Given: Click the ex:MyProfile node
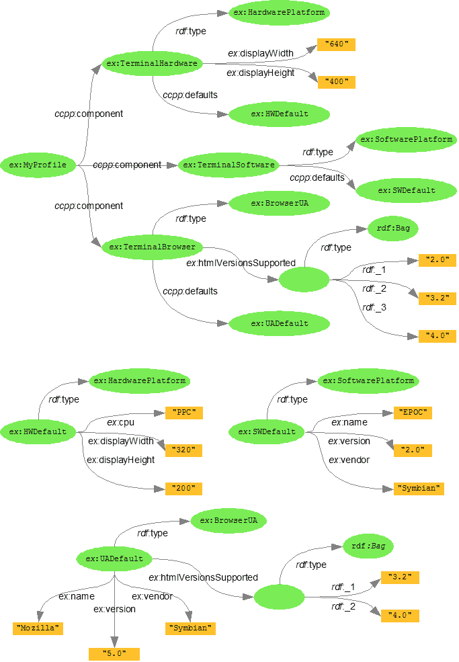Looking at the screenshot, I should pyautogui.click(x=38, y=165).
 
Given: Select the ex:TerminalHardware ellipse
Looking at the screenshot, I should pyautogui.click(x=153, y=64).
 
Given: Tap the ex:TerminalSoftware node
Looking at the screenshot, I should pyautogui.click(x=228, y=165).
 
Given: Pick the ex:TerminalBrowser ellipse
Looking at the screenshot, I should pyautogui.click(x=153, y=247).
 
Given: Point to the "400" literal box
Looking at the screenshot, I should pyautogui.click(x=335, y=82).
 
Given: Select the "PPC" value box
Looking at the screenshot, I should pyautogui.click(x=183, y=413).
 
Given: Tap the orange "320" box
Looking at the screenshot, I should pyautogui.click(x=183, y=450).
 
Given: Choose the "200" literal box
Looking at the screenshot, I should pyautogui.click(x=183, y=488).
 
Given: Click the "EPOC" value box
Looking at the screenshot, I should pyautogui.click(x=412, y=413).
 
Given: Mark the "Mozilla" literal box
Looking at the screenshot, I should pyautogui.click(x=38, y=628).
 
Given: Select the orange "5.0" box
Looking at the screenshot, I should pyautogui.click(x=114, y=654).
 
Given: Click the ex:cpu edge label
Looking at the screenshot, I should pyautogui.click(x=122, y=423).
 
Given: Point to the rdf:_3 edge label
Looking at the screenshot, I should pyautogui.click(x=374, y=307).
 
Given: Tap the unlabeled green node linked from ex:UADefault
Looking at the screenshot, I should pyautogui.click(x=279, y=597).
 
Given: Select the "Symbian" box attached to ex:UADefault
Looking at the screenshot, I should pyautogui.click(x=191, y=628).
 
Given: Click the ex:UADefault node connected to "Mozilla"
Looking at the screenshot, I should pyautogui.click(x=114, y=558).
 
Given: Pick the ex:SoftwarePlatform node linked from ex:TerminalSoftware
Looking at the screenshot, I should pyautogui.click(x=406, y=140).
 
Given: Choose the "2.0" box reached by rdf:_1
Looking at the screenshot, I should pyautogui.click(x=437, y=260).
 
